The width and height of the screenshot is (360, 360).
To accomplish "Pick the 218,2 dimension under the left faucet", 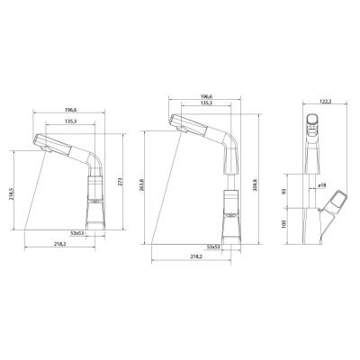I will [x=61, y=244].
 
